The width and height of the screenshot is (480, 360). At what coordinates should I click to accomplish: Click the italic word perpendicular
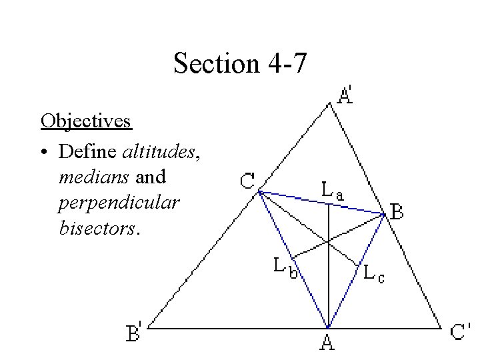click(x=119, y=203)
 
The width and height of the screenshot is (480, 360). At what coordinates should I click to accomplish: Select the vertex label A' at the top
click(x=347, y=95)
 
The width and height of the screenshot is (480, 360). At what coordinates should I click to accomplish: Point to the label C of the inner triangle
click(x=247, y=180)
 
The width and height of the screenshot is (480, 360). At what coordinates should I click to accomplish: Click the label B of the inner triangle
click(x=397, y=213)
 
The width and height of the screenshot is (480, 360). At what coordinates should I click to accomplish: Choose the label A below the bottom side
click(x=327, y=343)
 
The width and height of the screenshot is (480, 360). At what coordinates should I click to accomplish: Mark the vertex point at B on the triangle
click(x=384, y=214)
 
